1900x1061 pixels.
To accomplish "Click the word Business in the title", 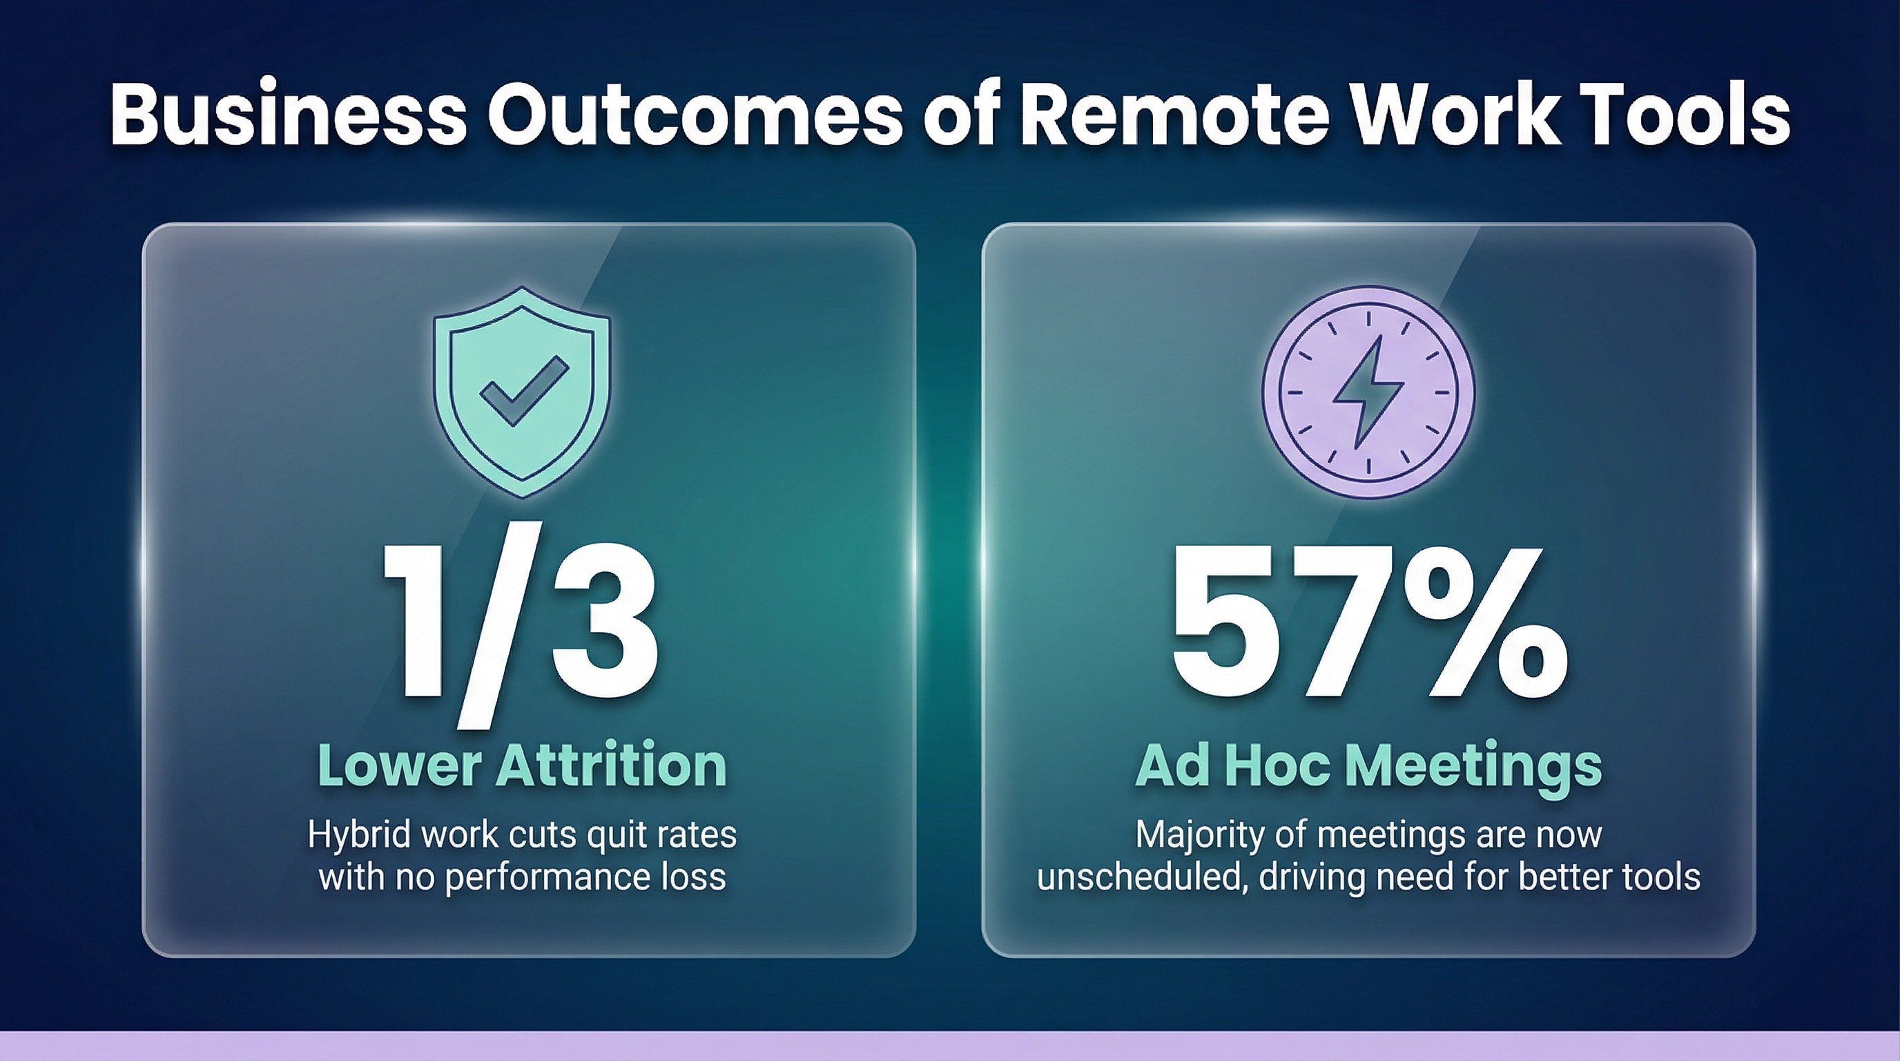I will coord(289,116).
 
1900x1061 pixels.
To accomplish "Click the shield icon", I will coord(522,392).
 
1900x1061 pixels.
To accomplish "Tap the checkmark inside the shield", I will coord(524,392).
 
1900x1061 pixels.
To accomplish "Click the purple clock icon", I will coord(1368,392).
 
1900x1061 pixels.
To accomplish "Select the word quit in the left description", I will coord(607,837).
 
